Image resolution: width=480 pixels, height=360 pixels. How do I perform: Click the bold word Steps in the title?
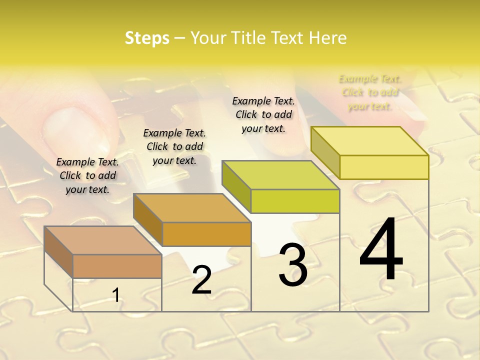tap(147, 38)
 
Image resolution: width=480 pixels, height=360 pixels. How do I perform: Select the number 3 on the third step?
tap(293, 265)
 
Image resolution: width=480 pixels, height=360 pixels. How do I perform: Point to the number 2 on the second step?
tap(201, 280)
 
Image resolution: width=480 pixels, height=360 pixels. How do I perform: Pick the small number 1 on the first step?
tap(116, 295)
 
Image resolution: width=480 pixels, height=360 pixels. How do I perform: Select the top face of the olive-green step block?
tap(280, 175)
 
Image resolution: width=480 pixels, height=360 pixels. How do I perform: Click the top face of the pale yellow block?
tap(369, 141)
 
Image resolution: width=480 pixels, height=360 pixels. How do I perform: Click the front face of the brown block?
tap(117, 266)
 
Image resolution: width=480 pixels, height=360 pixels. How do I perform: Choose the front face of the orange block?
tap(206, 234)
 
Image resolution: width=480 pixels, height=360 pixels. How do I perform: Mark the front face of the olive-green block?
tap(295, 201)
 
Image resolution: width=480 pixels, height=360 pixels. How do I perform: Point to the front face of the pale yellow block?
tap(384, 167)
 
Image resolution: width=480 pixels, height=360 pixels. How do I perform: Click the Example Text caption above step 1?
tap(87, 175)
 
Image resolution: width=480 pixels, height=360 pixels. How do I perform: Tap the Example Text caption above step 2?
tap(174, 146)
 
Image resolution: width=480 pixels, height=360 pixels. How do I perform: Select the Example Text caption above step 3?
tap(263, 114)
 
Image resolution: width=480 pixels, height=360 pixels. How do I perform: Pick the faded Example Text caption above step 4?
tap(370, 92)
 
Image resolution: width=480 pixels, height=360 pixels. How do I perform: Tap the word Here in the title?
tap(327, 38)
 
